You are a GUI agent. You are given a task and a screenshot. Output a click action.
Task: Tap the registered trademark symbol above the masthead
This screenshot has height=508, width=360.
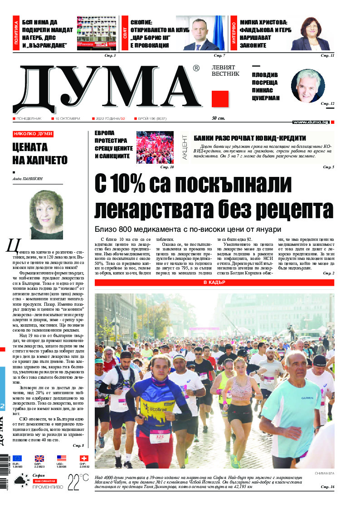[x=196, y=68]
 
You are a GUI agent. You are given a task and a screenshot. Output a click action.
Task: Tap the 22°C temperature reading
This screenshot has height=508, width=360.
[x=78, y=481]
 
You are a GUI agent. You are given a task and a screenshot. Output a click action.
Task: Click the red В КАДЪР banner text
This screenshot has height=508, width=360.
[x=214, y=283]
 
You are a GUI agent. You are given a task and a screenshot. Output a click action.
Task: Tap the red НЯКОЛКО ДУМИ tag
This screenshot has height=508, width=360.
[x=33, y=134]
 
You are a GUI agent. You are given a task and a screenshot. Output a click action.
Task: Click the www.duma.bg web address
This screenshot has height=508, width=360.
[x=311, y=122]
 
